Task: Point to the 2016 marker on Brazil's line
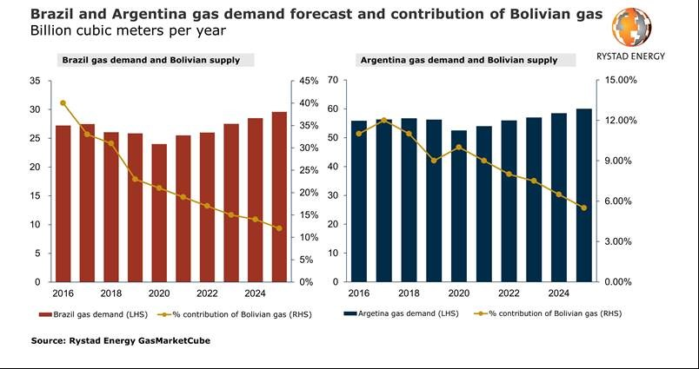[x=63, y=103]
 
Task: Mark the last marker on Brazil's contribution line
[x=279, y=228]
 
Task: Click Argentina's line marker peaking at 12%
[x=384, y=121]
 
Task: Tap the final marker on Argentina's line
[x=584, y=208]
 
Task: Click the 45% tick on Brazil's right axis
[x=308, y=81]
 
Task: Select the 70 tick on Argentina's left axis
[x=332, y=81]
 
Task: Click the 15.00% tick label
[x=622, y=81]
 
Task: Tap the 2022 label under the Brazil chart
[x=207, y=293]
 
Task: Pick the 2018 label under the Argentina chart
[x=409, y=293]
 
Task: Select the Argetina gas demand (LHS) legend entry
[x=399, y=313]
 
